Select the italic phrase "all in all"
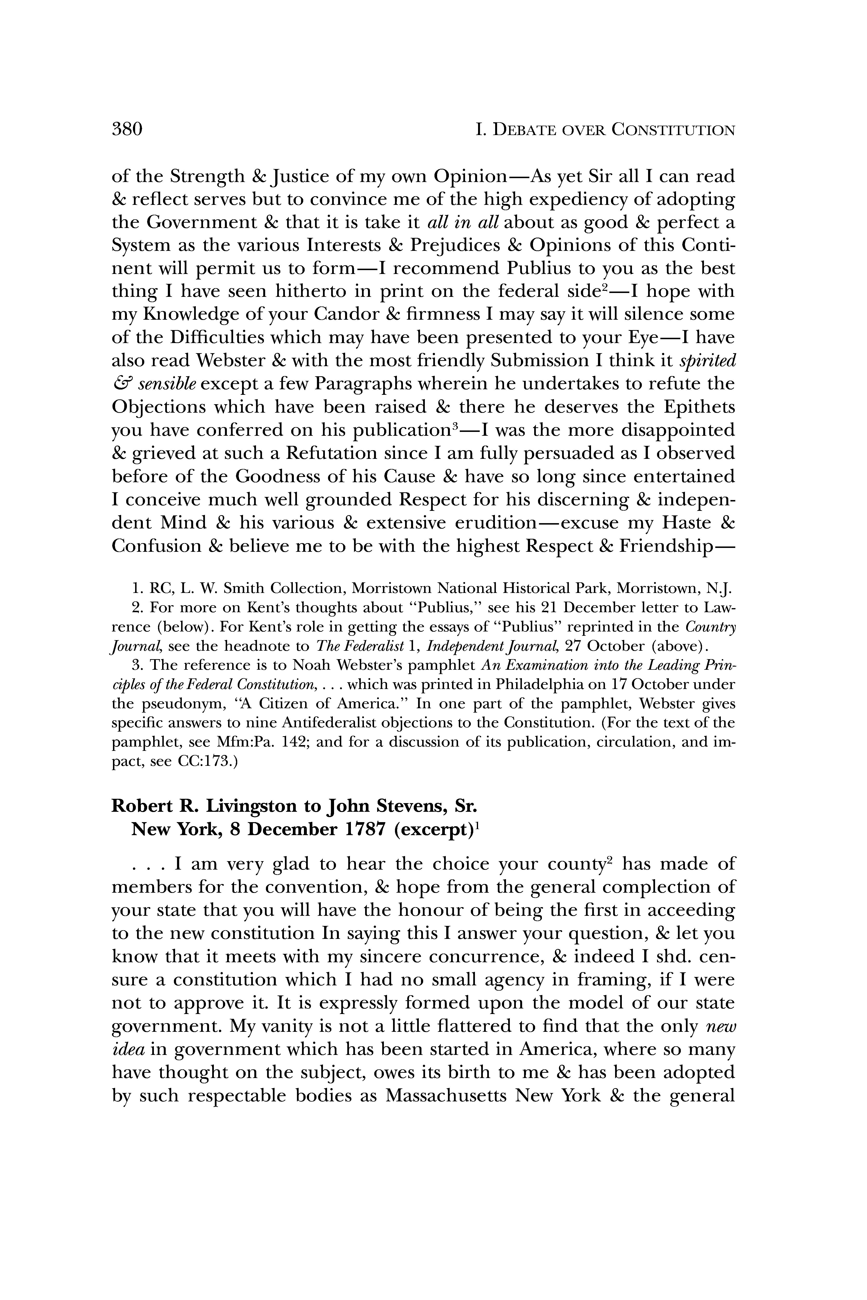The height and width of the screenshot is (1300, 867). pos(463,222)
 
